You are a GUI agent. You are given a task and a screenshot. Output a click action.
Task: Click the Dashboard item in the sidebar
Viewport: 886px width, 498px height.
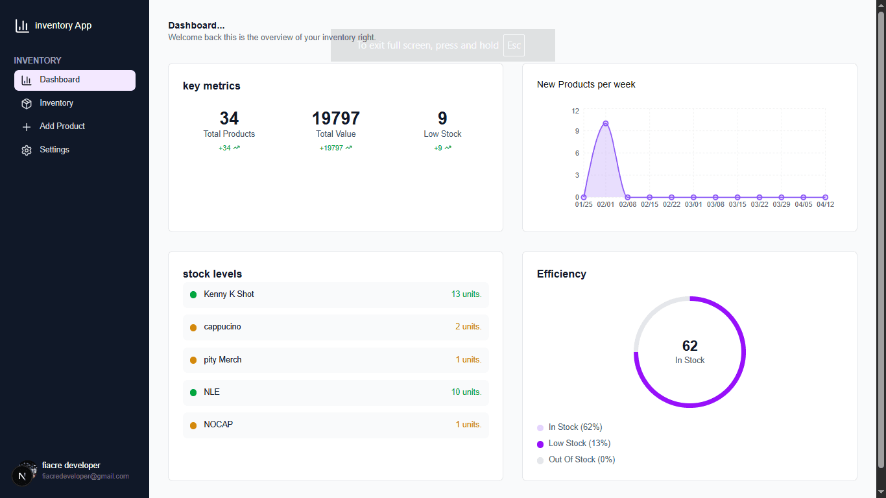click(x=60, y=80)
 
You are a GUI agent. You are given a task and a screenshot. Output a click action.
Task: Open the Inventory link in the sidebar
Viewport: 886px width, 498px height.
click(x=56, y=103)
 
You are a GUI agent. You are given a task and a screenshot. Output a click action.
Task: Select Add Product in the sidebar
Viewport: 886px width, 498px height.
click(x=62, y=126)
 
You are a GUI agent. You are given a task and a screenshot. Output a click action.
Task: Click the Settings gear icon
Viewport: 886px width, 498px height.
click(x=27, y=150)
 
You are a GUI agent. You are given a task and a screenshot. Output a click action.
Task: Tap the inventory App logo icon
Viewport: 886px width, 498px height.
click(x=22, y=26)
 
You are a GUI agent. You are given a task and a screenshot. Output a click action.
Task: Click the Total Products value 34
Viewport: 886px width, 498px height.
click(x=229, y=118)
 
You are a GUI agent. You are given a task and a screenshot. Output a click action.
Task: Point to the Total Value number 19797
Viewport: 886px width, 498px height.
click(x=336, y=118)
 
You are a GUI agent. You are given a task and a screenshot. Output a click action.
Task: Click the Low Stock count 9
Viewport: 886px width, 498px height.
click(x=442, y=118)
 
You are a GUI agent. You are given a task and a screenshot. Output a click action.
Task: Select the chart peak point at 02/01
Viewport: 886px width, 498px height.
click(x=605, y=123)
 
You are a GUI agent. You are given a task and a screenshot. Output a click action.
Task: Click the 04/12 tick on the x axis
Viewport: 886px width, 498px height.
click(x=825, y=205)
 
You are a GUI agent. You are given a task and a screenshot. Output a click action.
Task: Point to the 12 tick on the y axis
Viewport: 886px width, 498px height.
click(x=575, y=111)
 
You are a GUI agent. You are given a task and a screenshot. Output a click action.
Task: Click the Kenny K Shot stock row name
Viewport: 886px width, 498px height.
click(x=229, y=294)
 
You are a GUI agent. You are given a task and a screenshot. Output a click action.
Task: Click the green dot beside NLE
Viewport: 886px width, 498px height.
click(x=193, y=392)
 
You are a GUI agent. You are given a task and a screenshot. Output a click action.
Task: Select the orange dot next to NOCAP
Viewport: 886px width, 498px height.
click(x=193, y=425)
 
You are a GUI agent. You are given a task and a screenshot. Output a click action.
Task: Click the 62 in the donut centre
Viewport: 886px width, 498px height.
click(x=689, y=346)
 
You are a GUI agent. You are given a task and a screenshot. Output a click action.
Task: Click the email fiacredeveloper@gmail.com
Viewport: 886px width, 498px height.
click(x=86, y=476)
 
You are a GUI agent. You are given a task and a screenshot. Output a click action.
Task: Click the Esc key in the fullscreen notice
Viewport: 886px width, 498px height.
click(x=514, y=45)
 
